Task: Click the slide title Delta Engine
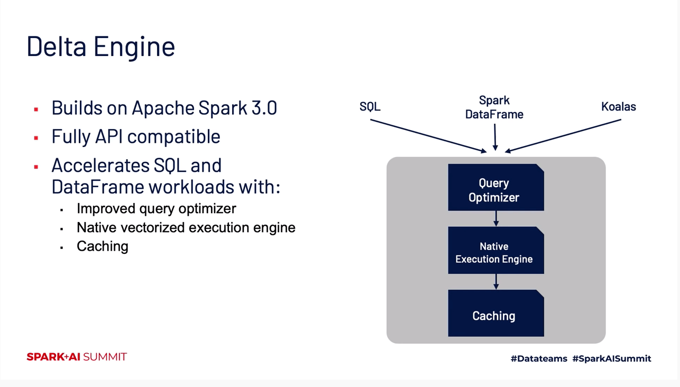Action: coord(100,46)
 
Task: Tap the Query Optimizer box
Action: coord(495,188)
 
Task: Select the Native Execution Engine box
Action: coord(495,251)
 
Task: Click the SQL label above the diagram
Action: coord(370,107)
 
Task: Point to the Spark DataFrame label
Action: coord(494,107)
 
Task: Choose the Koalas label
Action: coord(618,107)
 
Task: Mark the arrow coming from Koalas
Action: coord(563,135)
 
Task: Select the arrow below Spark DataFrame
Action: coord(495,137)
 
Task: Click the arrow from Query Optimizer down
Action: coord(496,218)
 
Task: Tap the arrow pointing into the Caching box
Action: coord(496,281)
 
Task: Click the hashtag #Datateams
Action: coord(539,358)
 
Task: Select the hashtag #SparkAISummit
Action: coord(612,358)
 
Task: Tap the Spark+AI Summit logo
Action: coord(77,357)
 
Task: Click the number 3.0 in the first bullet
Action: coord(264,108)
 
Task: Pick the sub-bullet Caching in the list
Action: coord(103,246)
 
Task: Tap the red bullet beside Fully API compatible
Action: coord(36,139)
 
